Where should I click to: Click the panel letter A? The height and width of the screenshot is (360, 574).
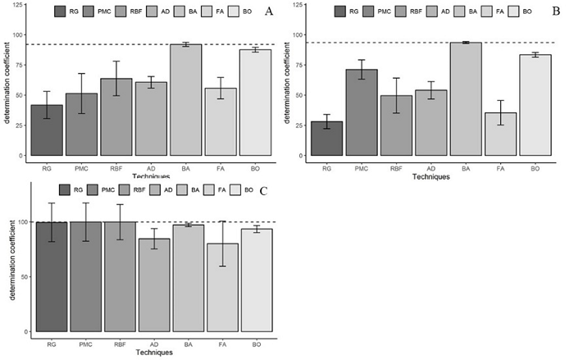point(269,11)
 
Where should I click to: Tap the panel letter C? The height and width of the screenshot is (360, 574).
point(263,190)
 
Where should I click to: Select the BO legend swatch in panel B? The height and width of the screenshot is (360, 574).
point(517,11)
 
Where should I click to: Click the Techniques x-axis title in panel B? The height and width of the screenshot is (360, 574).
point(430,176)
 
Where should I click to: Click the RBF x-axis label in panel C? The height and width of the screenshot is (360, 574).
point(120,344)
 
